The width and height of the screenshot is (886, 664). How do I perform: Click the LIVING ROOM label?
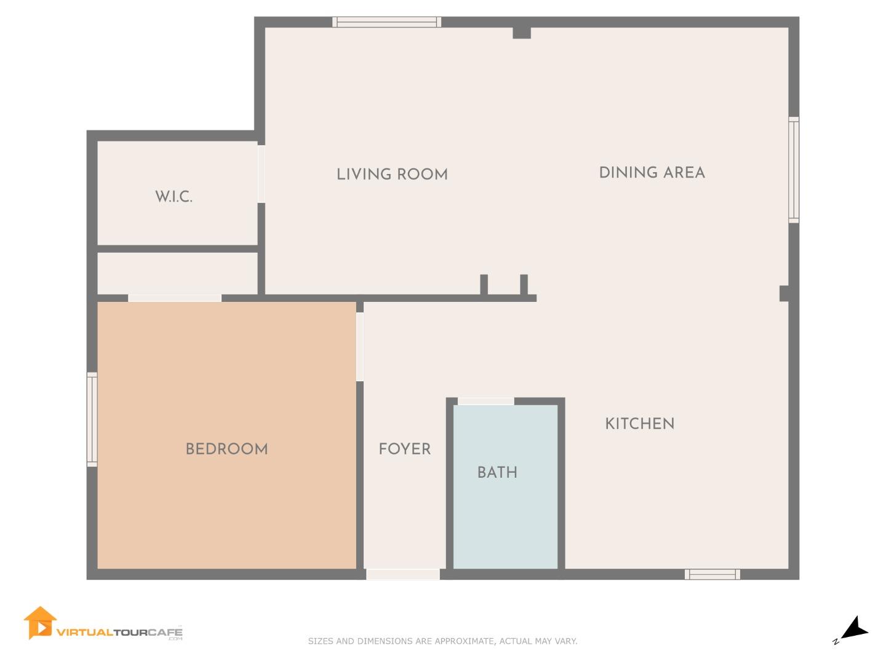tap(392, 174)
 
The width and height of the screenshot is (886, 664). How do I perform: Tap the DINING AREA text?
tap(652, 173)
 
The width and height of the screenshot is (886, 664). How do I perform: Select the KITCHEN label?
tap(640, 424)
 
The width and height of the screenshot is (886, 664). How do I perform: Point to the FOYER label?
tap(404, 449)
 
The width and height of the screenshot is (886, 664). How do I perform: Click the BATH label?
tap(497, 472)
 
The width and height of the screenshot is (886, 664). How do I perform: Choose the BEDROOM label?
tap(227, 449)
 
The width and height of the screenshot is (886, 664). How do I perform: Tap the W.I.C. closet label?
tap(174, 196)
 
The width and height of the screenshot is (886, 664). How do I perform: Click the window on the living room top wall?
tap(386, 22)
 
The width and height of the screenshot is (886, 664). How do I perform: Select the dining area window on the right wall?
tap(794, 170)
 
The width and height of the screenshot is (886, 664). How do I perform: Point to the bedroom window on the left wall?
tap(92, 419)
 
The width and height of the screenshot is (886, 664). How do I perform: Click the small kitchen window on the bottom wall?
tap(712, 574)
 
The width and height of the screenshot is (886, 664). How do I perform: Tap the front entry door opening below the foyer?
tap(403, 574)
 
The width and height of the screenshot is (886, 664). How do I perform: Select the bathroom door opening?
tap(485, 401)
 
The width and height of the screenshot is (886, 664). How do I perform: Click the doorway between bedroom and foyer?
tap(360, 346)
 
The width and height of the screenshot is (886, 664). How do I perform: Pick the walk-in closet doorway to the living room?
tap(261, 174)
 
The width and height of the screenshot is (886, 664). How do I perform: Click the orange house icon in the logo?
tap(39, 623)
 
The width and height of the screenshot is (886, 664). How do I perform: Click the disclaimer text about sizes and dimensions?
tap(442, 641)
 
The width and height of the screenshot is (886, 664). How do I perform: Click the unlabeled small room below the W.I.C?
tap(178, 274)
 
